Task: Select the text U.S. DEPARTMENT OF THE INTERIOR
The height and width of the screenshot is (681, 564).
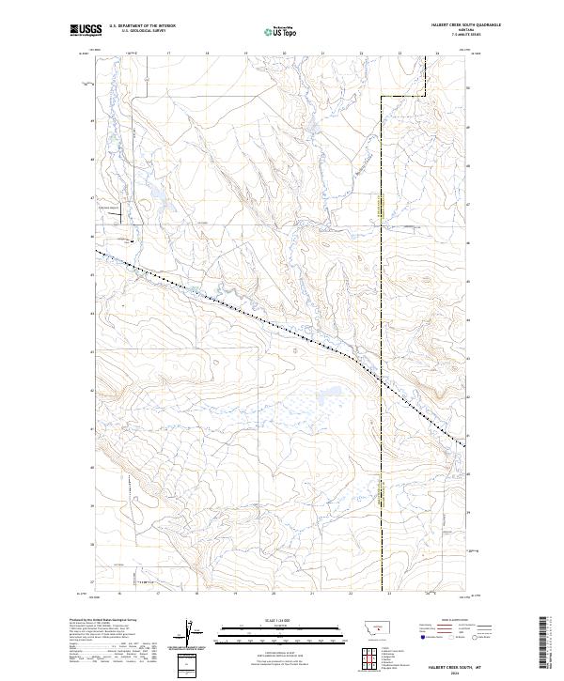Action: (142, 26)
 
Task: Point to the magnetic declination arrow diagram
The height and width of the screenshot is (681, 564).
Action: (192, 633)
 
